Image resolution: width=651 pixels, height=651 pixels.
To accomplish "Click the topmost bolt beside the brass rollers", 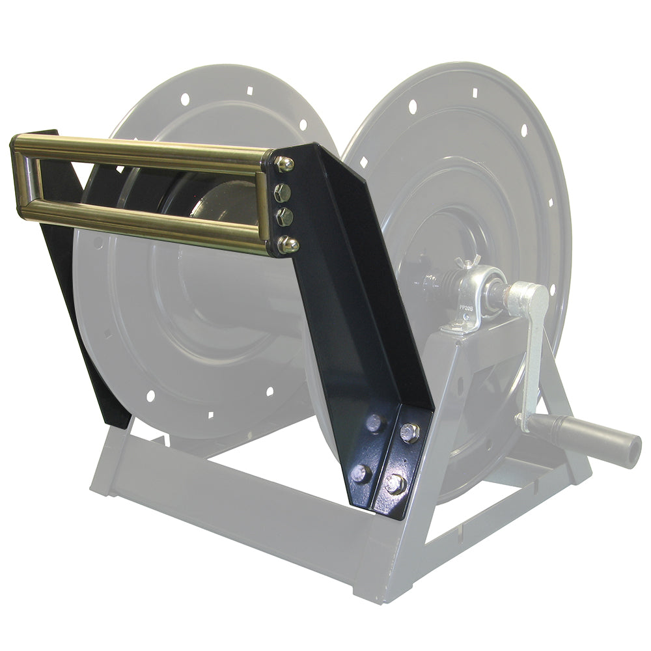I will pos(284,164).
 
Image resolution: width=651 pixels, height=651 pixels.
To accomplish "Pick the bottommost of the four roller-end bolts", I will pos(287,245).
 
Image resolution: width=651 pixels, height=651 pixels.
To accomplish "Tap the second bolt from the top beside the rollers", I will pos(283,191).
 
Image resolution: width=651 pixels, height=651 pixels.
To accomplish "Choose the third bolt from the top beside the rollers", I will pos(284,217).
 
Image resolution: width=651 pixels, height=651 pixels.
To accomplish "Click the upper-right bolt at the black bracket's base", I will pos(409,432).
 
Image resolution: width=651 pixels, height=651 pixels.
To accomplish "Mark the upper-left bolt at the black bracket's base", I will pos(374,423).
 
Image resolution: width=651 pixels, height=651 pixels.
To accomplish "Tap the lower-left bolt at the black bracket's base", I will pos(360,473).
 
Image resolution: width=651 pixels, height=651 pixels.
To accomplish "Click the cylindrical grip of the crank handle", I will pos(586,439).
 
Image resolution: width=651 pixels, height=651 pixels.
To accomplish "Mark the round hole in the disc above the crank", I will pos(553,286).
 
